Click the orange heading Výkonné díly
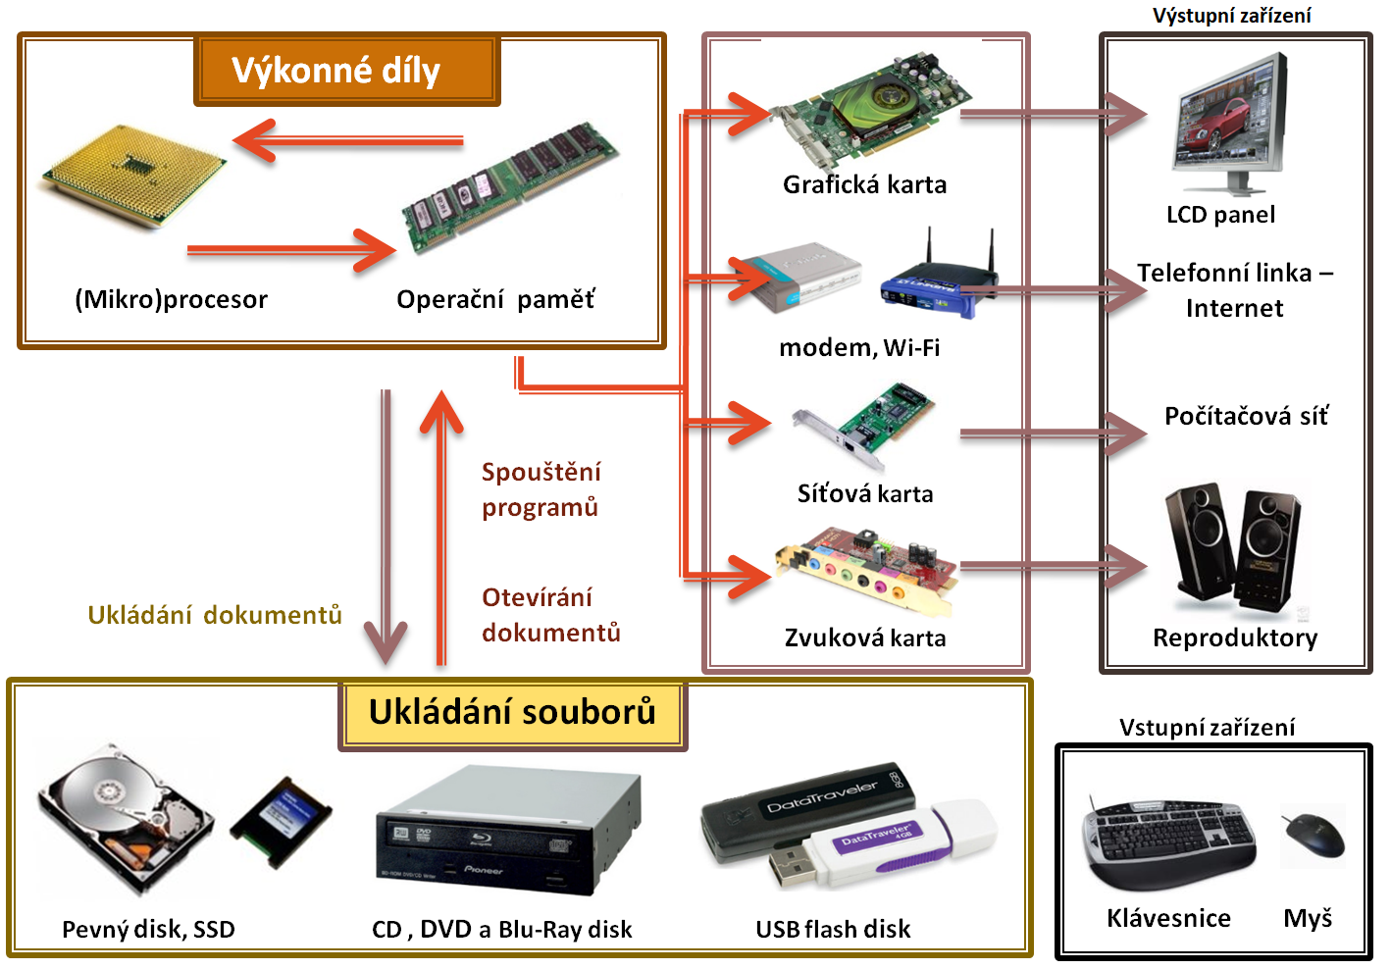335,71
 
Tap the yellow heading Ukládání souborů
512,711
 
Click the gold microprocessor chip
134,176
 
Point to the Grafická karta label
864,184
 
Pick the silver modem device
797,277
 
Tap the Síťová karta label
865,494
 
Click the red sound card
866,571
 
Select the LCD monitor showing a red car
1229,125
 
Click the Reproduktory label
1235,638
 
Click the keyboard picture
1168,841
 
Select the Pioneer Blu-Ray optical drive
508,832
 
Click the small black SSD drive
281,822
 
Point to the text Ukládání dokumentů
215,615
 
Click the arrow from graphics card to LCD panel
1054,114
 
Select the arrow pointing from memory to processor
347,141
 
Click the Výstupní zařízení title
1232,16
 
